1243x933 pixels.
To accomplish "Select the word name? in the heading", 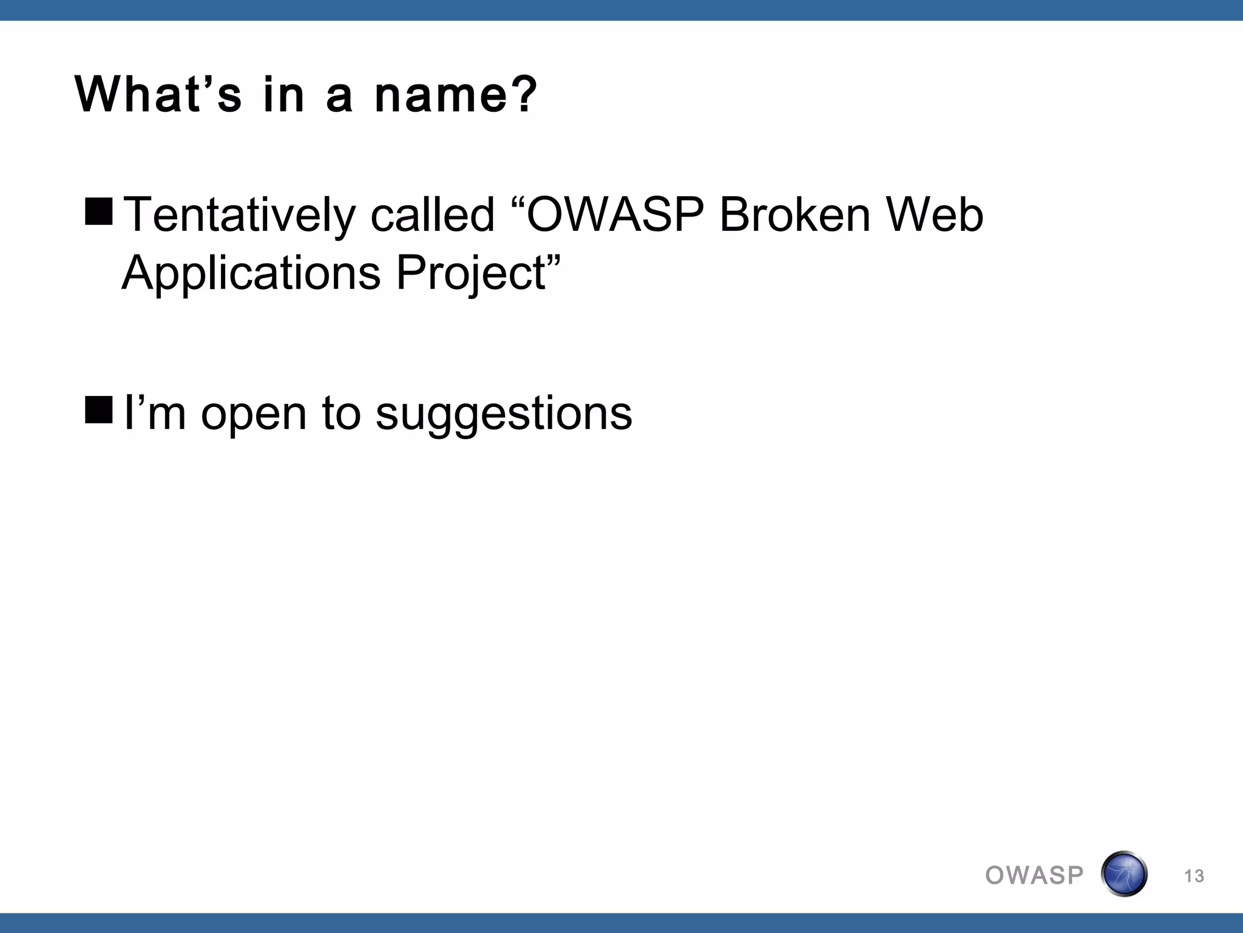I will (x=455, y=95).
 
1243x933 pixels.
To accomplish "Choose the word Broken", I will (x=795, y=215).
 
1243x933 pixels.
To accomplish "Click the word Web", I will (x=934, y=215).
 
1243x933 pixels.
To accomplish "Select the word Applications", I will (x=251, y=273).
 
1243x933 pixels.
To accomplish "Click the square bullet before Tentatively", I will (x=99, y=210).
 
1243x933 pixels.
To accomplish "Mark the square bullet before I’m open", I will (x=99, y=409).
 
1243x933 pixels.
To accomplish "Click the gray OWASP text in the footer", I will (x=1034, y=875).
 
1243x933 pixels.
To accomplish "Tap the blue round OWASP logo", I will (x=1123, y=874).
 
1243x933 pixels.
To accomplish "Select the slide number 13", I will (x=1194, y=877).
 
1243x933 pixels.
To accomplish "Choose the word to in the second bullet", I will (x=341, y=413).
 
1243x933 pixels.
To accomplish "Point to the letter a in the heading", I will (x=339, y=97).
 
